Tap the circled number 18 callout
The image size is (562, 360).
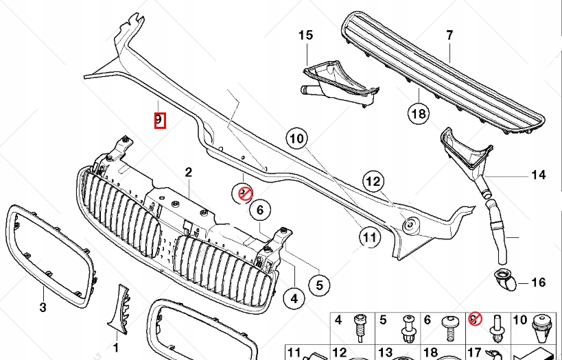coord(419,113)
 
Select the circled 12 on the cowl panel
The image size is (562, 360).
coord(373,182)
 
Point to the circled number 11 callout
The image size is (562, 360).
coord(370,237)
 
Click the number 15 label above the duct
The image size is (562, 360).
coord(305,35)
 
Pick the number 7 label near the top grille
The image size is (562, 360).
coord(449,35)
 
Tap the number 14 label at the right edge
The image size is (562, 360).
coord(539,176)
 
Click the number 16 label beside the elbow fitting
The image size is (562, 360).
coord(539,282)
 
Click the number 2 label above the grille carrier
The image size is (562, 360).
coord(189,172)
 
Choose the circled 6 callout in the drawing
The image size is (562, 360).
coord(260,211)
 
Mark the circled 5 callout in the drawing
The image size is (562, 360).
coord(318,283)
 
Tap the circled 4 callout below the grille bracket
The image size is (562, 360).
coord(294,298)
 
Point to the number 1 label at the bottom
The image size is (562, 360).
coord(115,347)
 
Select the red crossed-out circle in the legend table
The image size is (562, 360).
coord(473,319)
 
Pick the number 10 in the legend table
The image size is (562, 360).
coord(519,320)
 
